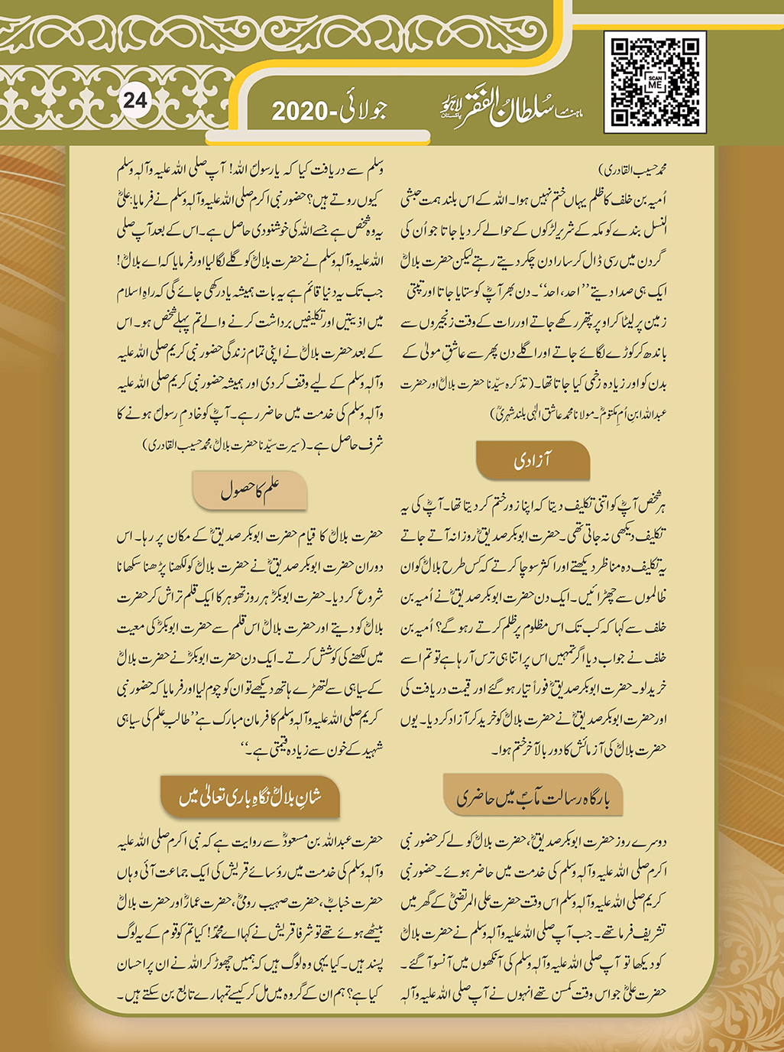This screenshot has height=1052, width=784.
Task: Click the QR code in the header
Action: (655, 83)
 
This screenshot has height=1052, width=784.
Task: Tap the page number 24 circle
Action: (134, 101)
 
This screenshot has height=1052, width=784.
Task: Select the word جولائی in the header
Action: (361, 110)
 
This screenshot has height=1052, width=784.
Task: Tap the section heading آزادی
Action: (533, 460)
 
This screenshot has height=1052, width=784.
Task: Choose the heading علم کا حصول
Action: (250, 489)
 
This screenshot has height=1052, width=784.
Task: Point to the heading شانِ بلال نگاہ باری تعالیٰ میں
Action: (250, 797)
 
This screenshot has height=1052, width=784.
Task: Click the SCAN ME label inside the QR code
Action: (655, 83)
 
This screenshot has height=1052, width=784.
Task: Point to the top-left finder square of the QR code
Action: (622, 50)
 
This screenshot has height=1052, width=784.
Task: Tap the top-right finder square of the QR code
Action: (688, 50)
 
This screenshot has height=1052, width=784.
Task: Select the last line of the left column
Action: (250, 995)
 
